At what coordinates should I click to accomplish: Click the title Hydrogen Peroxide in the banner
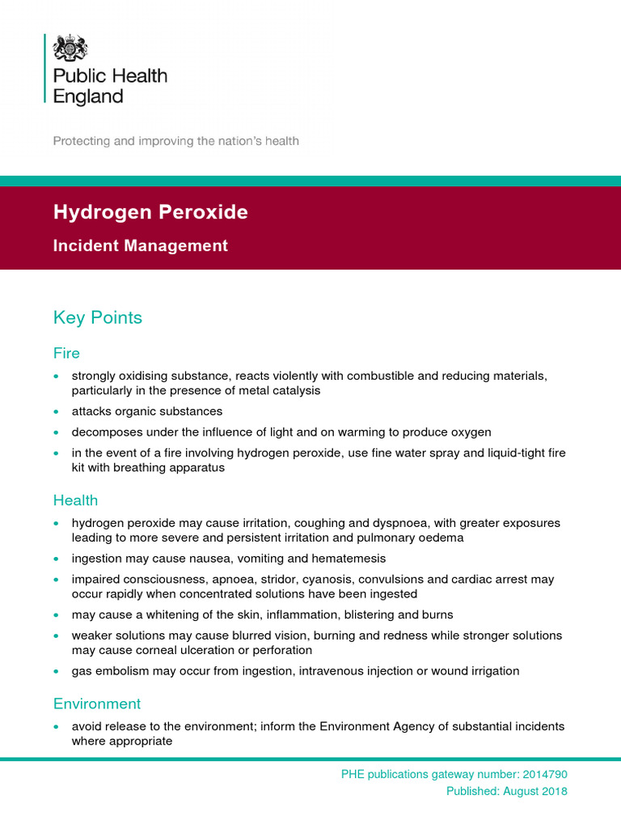pos(150,212)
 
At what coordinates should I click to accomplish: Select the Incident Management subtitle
pos(140,245)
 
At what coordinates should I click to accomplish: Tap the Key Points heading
pos(97,317)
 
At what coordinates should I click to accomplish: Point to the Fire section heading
pos(66,354)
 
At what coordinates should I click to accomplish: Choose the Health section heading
pos(75,500)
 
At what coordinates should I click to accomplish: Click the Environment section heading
pos(97,704)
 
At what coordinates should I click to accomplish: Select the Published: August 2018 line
pos(507,791)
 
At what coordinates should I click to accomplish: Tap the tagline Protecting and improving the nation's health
pos(175,141)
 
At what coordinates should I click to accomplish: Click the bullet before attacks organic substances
pos(56,412)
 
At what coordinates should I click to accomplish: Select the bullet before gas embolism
pos(56,672)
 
